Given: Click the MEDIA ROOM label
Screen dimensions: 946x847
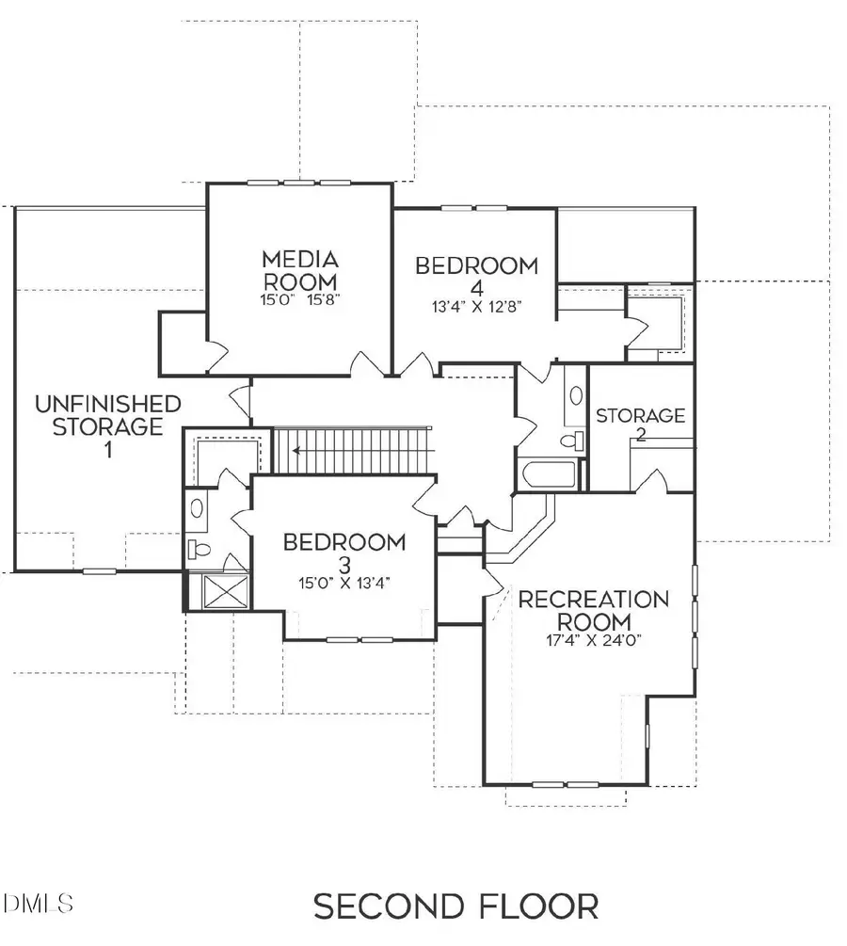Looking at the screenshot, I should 300,269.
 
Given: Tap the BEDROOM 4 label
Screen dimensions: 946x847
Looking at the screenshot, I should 477,277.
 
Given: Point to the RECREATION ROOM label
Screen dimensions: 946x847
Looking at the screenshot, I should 594,610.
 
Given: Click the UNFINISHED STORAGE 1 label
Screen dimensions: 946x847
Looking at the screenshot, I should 107,425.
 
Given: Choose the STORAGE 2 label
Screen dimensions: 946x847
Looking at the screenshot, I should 640,425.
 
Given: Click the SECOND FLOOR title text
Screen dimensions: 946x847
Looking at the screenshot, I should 455,906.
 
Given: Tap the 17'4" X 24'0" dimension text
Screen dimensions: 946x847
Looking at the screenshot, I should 595,641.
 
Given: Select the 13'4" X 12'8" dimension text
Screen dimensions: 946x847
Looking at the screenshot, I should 477,305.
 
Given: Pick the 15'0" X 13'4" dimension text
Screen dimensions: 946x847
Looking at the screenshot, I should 344,582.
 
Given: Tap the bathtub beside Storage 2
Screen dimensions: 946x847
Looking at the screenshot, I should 548,473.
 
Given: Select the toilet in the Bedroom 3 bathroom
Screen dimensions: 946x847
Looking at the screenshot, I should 199,549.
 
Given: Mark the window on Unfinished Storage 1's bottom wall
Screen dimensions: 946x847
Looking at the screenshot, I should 99,571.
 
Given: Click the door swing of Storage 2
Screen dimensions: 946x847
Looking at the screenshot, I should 652,480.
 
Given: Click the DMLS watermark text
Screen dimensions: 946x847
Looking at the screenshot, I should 38,905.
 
